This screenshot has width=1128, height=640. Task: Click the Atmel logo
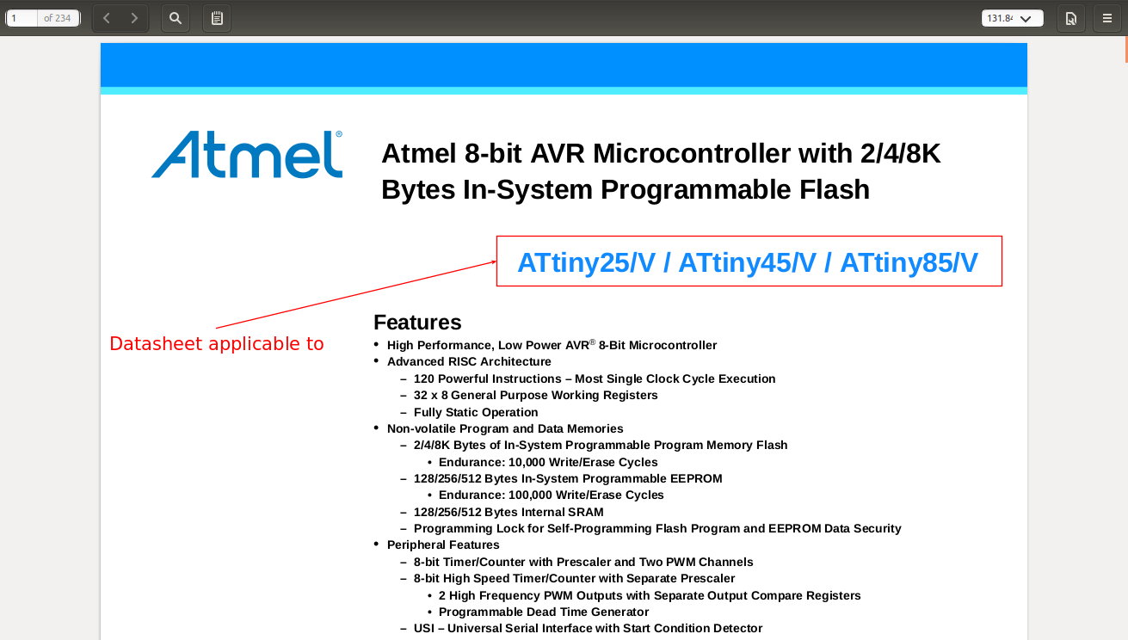[x=247, y=154]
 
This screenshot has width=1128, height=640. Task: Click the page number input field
[x=22, y=18]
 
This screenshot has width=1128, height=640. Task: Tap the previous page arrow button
[x=106, y=18]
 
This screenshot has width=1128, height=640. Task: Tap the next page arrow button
[x=134, y=18]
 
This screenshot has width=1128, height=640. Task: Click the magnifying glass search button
[x=176, y=18]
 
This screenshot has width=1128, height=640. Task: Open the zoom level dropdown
[x=1012, y=18]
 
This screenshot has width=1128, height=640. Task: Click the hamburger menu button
[x=1106, y=18]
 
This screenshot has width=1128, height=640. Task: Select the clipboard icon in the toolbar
[x=217, y=18]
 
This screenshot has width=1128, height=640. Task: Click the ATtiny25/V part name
[x=587, y=263]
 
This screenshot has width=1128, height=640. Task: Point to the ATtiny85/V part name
[x=909, y=263]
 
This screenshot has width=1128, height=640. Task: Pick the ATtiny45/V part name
[x=748, y=263]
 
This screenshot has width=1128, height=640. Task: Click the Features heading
[x=417, y=323]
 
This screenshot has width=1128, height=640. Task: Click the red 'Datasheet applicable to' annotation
[x=217, y=344]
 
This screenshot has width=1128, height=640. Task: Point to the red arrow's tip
[x=496, y=262]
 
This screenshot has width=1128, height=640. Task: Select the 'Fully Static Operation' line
[x=476, y=412]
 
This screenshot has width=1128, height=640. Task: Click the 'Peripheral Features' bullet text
[x=443, y=545]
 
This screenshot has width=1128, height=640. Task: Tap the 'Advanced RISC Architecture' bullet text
[x=469, y=361]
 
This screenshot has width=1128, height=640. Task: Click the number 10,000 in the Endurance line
[x=527, y=462]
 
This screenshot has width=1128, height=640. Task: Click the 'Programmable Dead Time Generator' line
[x=544, y=612]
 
